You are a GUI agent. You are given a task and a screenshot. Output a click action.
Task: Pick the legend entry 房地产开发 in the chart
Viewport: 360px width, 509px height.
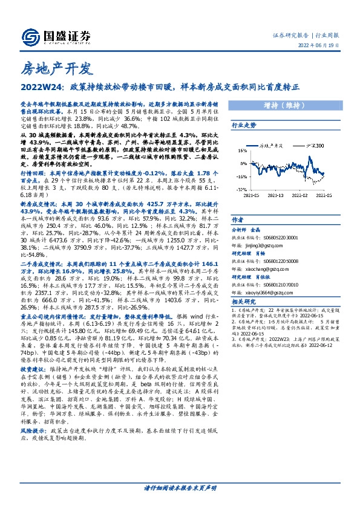point(272,145)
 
